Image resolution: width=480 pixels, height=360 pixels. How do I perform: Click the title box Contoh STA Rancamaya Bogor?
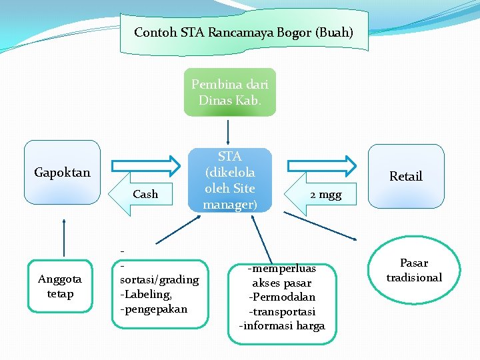[243, 32]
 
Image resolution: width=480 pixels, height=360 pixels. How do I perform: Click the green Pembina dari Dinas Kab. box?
[229, 93]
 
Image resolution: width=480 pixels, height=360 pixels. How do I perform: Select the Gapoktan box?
[62, 172]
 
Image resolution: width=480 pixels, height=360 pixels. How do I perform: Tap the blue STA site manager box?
[230, 181]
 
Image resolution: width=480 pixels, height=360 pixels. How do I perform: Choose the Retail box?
[406, 176]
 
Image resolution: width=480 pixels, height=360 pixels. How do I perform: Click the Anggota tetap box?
[60, 287]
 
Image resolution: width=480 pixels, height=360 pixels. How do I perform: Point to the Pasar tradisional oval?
[414, 270]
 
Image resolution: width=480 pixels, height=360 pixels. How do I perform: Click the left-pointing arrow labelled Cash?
[143, 195]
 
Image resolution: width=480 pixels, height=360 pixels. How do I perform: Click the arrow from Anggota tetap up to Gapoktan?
[64, 236]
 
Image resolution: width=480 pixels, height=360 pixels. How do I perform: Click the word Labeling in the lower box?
[146, 294]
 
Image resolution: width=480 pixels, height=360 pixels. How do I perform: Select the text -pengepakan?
[153, 309]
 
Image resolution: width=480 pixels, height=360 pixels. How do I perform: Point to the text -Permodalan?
[282, 297]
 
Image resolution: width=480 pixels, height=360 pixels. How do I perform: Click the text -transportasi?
[282, 311]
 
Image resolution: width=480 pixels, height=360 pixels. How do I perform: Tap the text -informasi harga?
[282, 326]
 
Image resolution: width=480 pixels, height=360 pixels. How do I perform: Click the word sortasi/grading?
[159, 279]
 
